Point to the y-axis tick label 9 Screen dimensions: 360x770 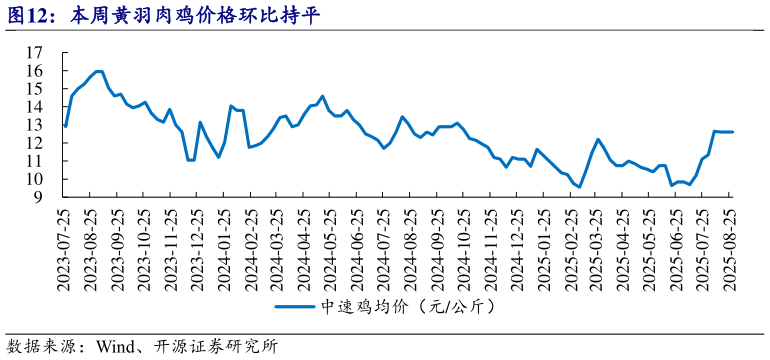point(39,197)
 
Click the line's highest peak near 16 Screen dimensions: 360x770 point(98,71)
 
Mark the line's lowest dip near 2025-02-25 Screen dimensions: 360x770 point(579,187)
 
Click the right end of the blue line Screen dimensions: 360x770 point(732,132)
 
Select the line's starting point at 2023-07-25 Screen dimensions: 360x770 point(65,126)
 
